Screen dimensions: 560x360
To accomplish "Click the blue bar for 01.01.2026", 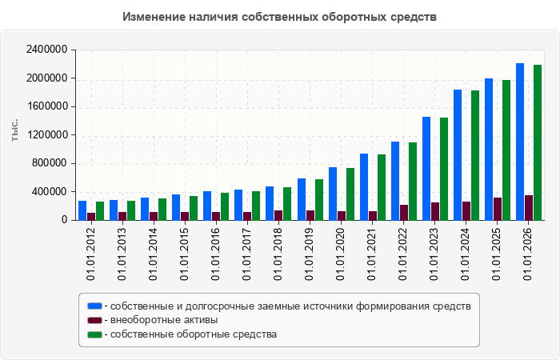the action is (520, 142).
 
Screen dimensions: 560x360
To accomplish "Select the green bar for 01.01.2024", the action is (475, 155).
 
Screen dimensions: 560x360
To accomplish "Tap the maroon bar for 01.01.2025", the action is (498, 209).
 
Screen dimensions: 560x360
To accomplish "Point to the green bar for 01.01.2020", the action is (350, 194).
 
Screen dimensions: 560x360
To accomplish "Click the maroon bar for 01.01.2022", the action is (404, 213).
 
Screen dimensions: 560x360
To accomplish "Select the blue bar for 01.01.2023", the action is (426, 169).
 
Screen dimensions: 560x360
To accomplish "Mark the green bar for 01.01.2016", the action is (225, 206).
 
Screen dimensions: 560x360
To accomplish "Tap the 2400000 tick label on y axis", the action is (46, 50).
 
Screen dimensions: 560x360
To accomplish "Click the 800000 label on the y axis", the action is (50, 163).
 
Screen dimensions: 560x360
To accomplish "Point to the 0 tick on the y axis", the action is (64, 220).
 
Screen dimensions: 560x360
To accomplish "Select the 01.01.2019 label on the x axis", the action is (310, 254).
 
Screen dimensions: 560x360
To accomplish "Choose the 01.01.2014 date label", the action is (154, 254).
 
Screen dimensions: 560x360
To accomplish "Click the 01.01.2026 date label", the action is (528, 254).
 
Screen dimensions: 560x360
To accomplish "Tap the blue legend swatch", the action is (94, 306).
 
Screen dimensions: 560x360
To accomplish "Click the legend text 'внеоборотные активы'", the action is (164, 320).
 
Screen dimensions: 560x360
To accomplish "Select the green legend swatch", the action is (94, 334).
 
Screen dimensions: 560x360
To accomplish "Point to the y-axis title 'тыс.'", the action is (14, 130).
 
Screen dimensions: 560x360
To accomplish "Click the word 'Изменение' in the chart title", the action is (154, 17).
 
